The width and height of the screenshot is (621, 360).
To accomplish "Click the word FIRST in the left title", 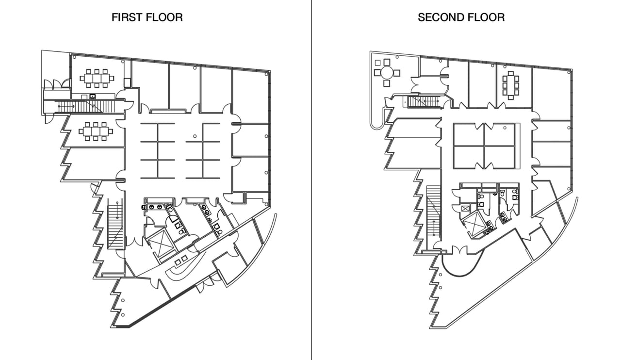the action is (x=127, y=17).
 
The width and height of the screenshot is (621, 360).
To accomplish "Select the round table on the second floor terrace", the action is (x=387, y=73).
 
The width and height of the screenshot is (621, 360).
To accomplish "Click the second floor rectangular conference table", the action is (x=510, y=85).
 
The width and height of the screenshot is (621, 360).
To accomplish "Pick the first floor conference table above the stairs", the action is (x=97, y=78).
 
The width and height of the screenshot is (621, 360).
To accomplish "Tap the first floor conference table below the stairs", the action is (x=96, y=131).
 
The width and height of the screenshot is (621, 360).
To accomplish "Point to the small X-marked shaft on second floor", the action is (x=464, y=208).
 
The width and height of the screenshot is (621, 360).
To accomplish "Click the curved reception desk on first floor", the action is (x=181, y=266).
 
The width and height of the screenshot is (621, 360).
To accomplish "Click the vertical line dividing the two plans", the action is (x=311, y=180).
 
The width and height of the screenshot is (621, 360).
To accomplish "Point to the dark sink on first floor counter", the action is (x=92, y=96).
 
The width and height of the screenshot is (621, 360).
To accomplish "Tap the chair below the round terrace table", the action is (x=387, y=83).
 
